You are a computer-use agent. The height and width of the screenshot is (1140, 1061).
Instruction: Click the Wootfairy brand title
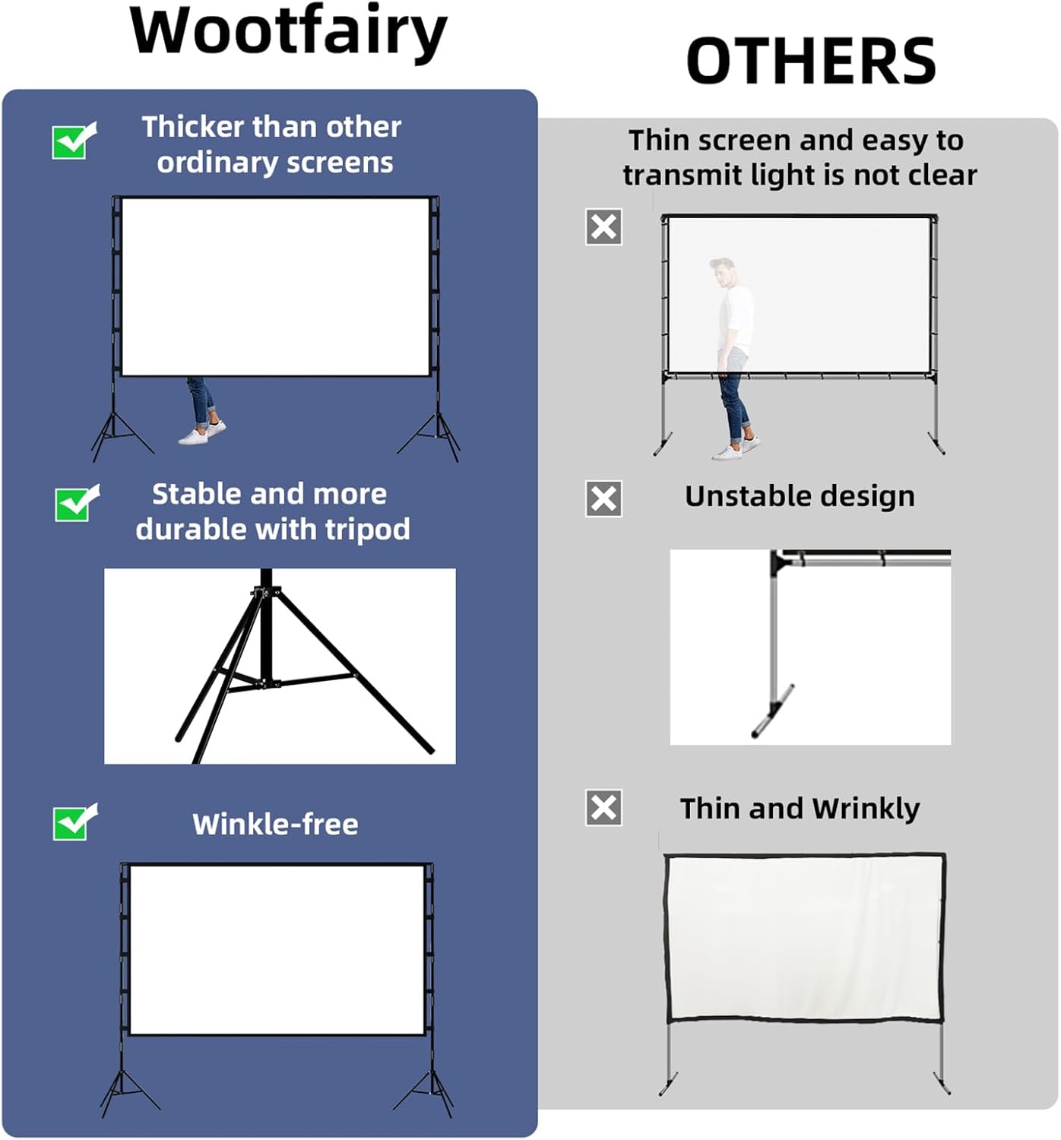288,32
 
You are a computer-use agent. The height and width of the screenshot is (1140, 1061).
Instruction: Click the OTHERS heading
810,61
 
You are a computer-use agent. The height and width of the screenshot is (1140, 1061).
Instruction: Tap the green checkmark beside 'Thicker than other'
74,141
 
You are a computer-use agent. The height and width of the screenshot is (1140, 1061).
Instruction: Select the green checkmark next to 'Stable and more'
77,504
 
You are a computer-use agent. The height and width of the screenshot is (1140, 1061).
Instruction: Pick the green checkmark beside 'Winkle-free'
74,822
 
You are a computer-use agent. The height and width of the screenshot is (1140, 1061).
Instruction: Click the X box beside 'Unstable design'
603,499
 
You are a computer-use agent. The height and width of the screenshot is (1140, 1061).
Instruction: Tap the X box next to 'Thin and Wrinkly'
603,807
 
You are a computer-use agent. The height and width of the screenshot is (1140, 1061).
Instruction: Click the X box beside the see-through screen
603,226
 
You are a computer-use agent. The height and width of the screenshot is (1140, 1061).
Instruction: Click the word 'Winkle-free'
275,824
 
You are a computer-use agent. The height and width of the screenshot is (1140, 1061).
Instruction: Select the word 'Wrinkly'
866,809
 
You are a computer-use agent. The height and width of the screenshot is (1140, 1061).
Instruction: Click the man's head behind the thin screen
723,271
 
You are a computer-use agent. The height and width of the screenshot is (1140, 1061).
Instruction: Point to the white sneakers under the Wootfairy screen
202,432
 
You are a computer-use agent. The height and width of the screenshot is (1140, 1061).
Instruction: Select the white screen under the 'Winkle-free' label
277,949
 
